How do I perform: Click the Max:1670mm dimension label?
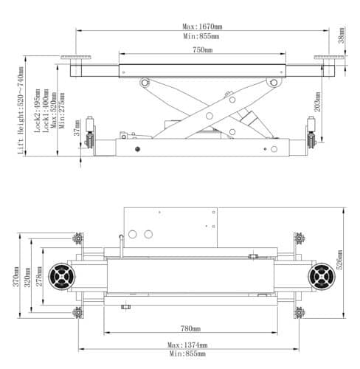pyautogui.click(x=202, y=27)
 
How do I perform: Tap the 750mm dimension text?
pyautogui.click(x=203, y=50)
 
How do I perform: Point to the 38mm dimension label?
pyautogui.click(x=342, y=35)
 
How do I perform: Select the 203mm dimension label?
pyautogui.click(x=317, y=102)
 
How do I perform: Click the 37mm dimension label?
pyautogui.click(x=77, y=128)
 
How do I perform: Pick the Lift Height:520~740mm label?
pyautogui.click(x=21, y=111)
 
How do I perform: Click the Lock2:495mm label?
pyautogui.click(x=38, y=111)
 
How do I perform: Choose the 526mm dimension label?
pyautogui.click(x=340, y=260)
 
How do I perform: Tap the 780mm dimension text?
pyautogui.click(x=190, y=328)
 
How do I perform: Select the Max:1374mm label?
pyautogui.click(x=187, y=345)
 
